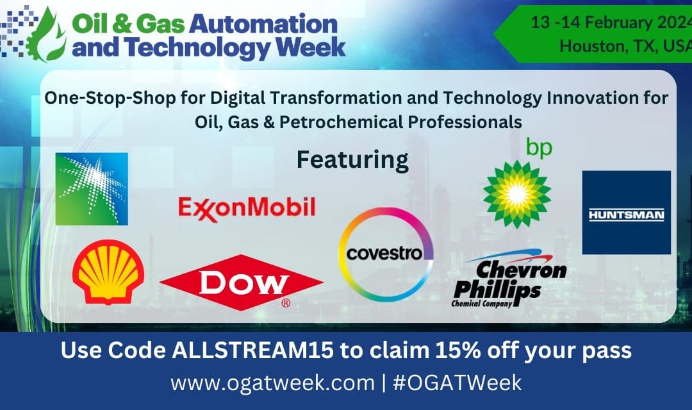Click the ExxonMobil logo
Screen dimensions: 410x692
tap(247, 209)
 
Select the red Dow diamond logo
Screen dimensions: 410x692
tap(241, 282)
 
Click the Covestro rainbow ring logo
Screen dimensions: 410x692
tap(386, 254)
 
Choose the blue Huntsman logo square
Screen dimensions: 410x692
tap(626, 213)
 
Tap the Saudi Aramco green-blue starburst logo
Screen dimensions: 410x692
tap(92, 188)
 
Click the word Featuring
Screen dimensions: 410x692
tap(352, 160)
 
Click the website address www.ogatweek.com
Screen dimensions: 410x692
tap(272, 382)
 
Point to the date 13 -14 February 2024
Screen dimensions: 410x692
tap(611, 22)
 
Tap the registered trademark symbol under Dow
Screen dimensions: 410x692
tap(286, 302)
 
